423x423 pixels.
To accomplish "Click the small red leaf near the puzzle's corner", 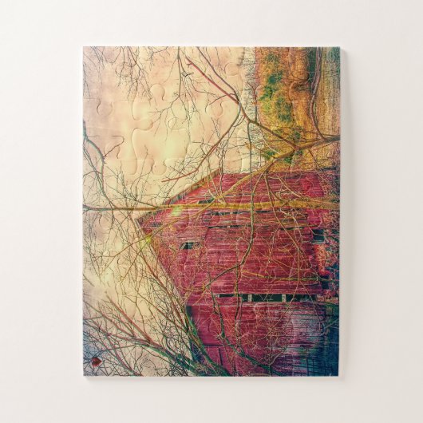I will pyautogui.click(x=96, y=362).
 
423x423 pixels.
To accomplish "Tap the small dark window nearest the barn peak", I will pyautogui.click(x=188, y=245).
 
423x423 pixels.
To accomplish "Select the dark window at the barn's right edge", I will pyautogui.click(x=318, y=235).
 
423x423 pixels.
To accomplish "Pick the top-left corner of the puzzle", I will pyautogui.click(x=84, y=47).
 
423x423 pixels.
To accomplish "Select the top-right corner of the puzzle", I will pyautogui.click(x=339, y=48).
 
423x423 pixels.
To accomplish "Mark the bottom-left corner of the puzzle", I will pyautogui.click(x=84, y=375).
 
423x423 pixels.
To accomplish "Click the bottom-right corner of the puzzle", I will pyautogui.click(x=338, y=375).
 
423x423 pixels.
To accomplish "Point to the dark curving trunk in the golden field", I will pyautogui.click(x=315, y=88).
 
